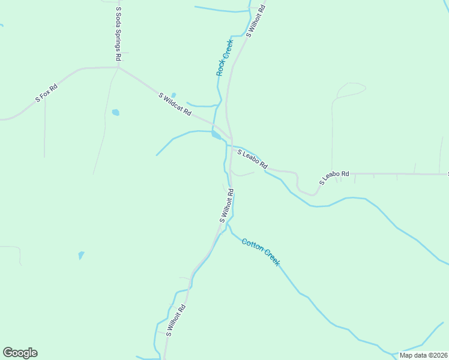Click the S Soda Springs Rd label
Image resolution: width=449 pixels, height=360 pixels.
point(118,34)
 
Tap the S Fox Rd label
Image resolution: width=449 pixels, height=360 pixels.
point(46,93)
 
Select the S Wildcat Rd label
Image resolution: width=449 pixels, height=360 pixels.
point(175,104)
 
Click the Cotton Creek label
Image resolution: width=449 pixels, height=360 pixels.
point(261,252)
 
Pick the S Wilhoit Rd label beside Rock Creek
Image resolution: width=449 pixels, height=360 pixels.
point(255,22)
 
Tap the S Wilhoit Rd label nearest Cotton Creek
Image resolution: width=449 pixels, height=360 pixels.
point(226,206)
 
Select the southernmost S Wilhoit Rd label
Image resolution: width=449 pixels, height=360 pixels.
point(176,320)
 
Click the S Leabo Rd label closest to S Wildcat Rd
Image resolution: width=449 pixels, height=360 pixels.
point(252,159)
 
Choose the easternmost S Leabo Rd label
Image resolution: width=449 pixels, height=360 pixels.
point(334,178)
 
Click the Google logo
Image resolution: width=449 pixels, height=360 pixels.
point(20,353)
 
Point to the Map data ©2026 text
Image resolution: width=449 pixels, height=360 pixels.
point(424,355)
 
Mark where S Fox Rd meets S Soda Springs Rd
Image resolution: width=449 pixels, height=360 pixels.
point(118,68)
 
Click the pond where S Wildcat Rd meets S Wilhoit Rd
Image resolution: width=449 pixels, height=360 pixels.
point(215,135)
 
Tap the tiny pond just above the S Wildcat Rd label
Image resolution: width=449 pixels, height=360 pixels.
point(173,95)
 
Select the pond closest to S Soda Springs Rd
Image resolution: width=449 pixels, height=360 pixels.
point(115,112)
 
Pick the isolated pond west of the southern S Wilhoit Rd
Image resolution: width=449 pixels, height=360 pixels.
point(81,255)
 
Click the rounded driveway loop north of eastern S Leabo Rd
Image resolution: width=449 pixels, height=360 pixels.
point(350,90)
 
